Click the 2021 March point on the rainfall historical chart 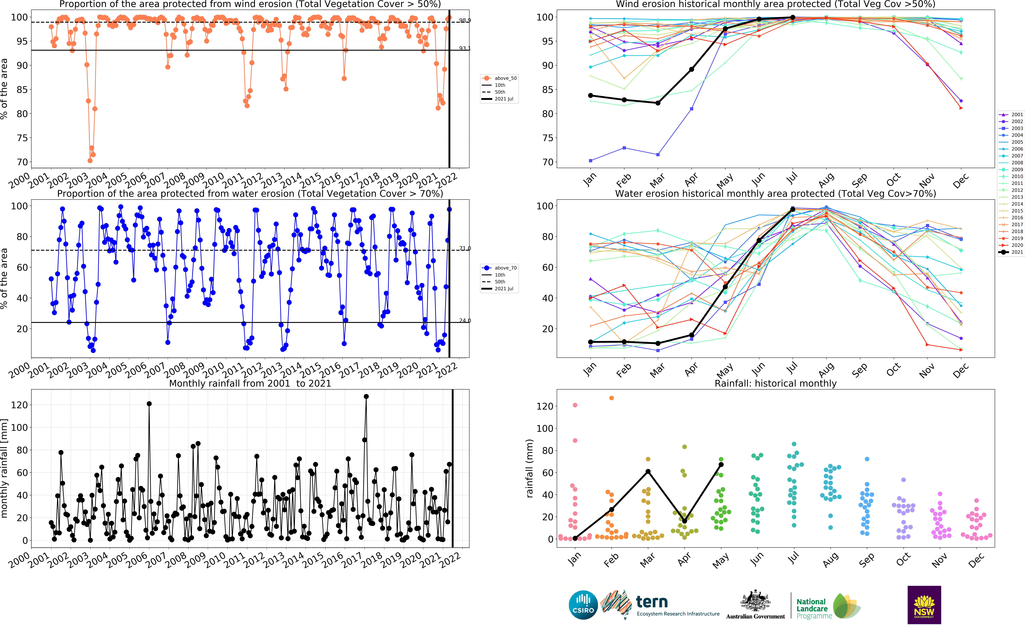coord(648,471)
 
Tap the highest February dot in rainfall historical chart coord(612,398)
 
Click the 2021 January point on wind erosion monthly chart coord(591,96)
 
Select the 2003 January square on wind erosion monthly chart coord(591,161)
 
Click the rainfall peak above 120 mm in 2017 coord(366,396)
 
